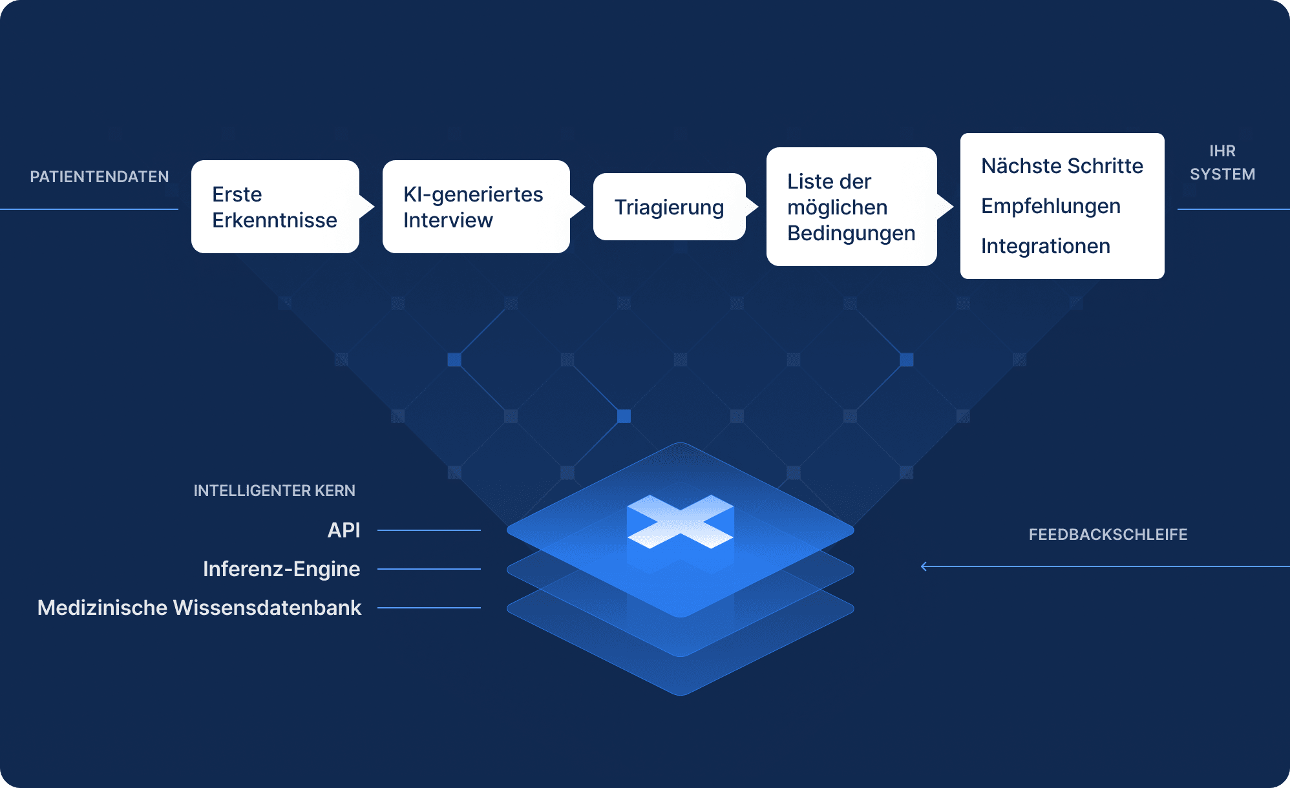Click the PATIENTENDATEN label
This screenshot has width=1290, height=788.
coord(100,176)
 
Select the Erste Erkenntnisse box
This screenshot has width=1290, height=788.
coord(275,207)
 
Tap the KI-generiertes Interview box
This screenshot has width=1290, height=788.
coord(476,207)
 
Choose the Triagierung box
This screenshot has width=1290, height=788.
coord(670,207)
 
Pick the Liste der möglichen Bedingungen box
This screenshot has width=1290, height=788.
coord(852,207)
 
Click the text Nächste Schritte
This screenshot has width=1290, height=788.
coord(1062,166)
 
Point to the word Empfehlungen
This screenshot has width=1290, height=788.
coord(1051,206)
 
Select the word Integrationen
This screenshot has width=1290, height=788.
coord(1046,246)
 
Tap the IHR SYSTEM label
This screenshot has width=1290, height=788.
coord(1223,163)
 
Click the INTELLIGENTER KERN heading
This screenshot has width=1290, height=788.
coord(275,491)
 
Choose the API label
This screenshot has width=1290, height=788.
coord(344,530)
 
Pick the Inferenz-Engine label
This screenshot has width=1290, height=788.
coord(282,569)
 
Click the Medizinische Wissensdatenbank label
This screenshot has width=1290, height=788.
coord(199,608)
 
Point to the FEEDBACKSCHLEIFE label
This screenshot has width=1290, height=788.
coord(1108,535)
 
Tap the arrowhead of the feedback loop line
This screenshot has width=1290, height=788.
coord(924,566)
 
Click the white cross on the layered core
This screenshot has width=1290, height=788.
coord(681,522)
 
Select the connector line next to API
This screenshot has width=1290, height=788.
coord(429,530)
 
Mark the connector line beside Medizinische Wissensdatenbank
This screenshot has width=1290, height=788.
coord(429,608)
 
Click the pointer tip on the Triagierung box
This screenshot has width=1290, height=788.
coord(758,207)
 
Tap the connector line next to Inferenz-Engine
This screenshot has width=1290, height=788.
coord(429,569)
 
